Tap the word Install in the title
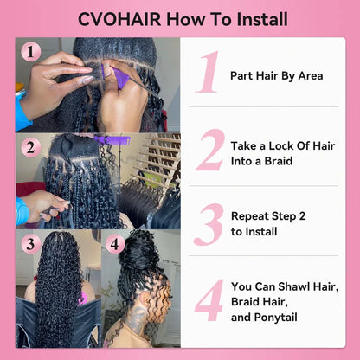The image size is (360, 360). tap(258, 19)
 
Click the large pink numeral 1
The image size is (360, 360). tap(207, 73)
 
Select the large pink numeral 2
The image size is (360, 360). tap(209, 151)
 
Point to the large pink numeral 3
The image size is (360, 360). tap(209, 224)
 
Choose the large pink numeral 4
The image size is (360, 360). tap(209, 299)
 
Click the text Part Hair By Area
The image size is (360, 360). tap(276, 75)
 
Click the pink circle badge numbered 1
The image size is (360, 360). tap(31, 52)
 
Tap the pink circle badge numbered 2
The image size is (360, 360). tap(31, 147)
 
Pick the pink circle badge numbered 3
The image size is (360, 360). tap(30, 244)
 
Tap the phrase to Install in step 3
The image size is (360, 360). tap(257, 232)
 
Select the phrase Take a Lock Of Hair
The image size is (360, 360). tap(282, 144)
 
